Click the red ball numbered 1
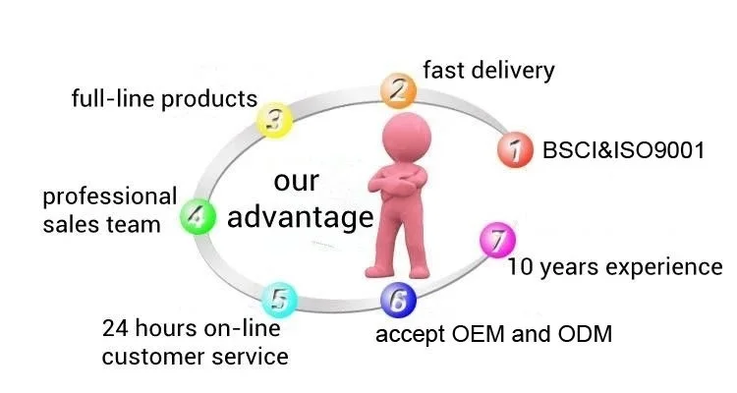(x=513, y=151)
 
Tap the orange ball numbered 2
(x=397, y=90)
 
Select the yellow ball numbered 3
(x=276, y=121)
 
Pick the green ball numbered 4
(x=197, y=216)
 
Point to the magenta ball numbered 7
(x=498, y=240)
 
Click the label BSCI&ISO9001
(x=623, y=151)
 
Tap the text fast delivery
(x=488, y=71)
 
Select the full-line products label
(x=165, y=99)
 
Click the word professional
(x=109, y=197)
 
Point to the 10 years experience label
(x=615, y=266)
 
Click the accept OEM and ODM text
(x=494, y=334)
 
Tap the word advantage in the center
(x=300, y=216)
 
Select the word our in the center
(x=296, y=182)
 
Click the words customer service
(x=196, y=355)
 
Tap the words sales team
(x=101, y=224)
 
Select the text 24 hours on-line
(x=191, y=328)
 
